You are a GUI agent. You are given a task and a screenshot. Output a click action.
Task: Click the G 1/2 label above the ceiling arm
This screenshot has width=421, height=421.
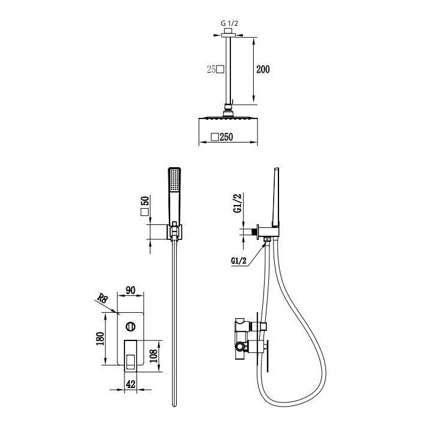click(229, 23)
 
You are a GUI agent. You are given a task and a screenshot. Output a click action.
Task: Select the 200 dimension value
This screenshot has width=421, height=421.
click(263, 69)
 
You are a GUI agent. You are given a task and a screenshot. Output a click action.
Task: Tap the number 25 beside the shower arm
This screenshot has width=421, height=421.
click(211, 70)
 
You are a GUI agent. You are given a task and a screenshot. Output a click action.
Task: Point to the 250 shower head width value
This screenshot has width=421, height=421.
click(226, 137)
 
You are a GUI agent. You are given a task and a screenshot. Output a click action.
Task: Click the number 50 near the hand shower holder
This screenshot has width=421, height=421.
click(144, 201)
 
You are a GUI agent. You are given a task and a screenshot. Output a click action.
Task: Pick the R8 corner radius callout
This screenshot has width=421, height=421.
click(103, 298)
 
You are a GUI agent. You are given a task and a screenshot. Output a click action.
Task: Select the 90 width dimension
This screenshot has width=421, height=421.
click(131, 290)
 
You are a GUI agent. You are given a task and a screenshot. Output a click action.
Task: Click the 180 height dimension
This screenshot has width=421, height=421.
click(100, 339)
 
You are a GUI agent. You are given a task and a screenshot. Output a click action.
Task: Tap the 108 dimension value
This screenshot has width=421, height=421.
click(153, 356)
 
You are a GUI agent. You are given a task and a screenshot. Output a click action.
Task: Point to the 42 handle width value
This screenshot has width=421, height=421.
click(131, 384)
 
